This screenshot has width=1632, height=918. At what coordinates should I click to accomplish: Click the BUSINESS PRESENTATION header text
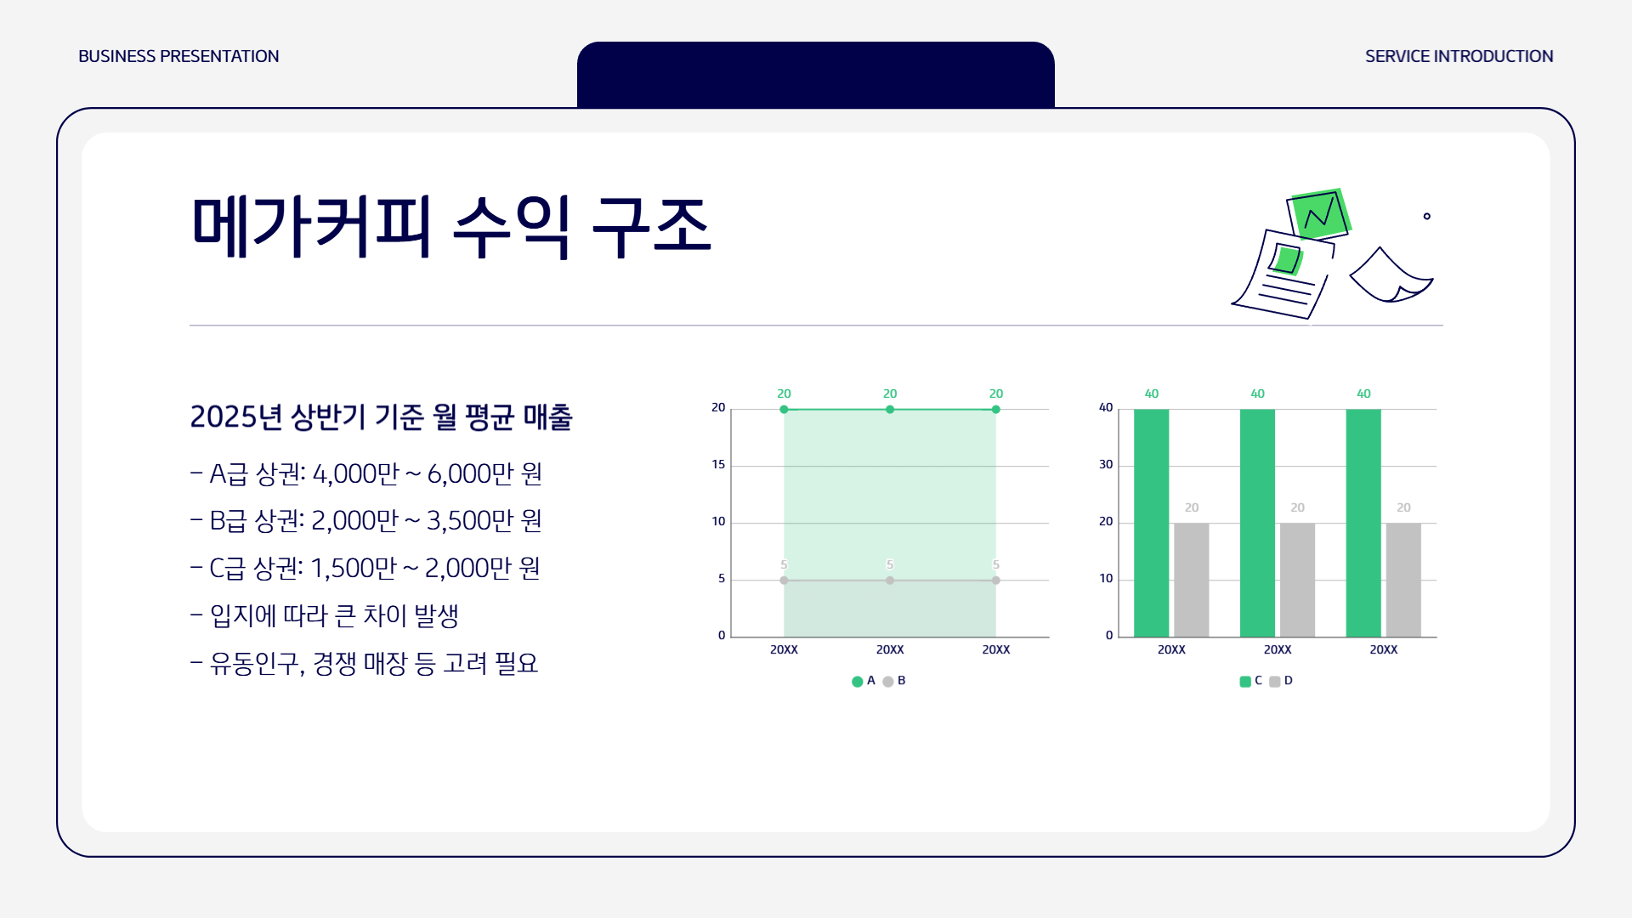(178, 56)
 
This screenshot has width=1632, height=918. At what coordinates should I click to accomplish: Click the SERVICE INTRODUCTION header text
(1459, 56)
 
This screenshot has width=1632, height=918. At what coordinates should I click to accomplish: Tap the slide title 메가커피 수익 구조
(450, 227)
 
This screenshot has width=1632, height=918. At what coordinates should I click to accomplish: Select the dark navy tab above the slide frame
(815, 75)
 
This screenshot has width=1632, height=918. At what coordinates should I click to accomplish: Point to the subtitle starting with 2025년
(381, 416)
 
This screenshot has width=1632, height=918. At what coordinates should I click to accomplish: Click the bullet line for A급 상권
(366, 473)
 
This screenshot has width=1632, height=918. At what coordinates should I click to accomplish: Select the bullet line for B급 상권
(366, 520)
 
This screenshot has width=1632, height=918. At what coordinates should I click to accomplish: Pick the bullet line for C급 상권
(365, 568)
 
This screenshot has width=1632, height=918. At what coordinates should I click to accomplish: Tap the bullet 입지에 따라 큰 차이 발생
(325, 615)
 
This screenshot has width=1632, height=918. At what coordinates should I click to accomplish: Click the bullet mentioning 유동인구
(365, 663)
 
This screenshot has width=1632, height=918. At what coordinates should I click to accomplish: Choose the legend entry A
(864, 681)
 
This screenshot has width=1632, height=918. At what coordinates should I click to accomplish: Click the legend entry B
(894, 681)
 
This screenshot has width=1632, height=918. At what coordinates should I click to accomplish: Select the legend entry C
(1251, 681)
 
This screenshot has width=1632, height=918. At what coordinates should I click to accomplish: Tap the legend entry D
(1281, 681)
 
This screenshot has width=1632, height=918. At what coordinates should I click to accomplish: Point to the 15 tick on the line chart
(718, 465)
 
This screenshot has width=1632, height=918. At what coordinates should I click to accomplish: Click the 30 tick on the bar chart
(1105, 465)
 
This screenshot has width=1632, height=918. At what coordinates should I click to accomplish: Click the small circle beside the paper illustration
(1427, 217)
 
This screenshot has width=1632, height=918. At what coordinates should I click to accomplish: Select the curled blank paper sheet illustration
(1390, 277)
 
